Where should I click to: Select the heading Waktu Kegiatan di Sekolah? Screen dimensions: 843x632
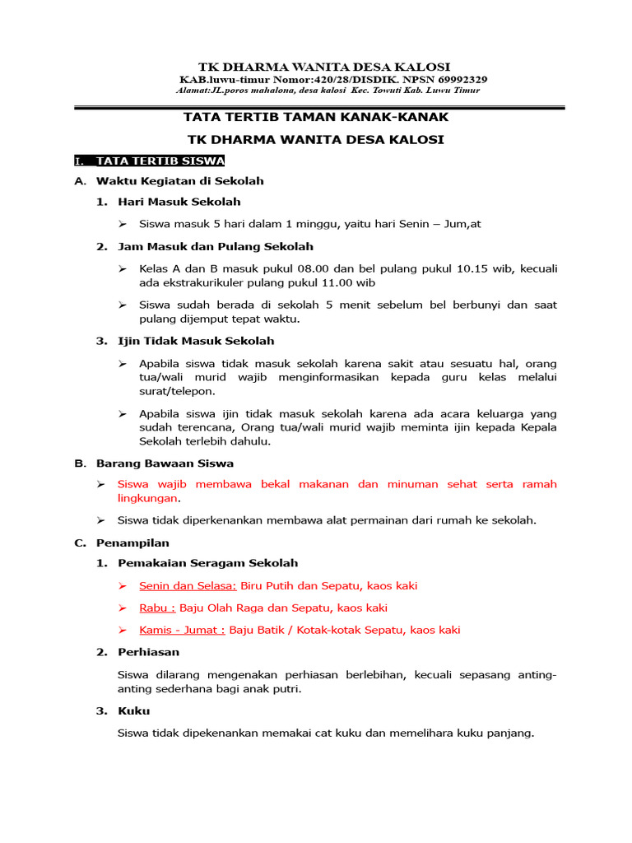click(x=179, y=180)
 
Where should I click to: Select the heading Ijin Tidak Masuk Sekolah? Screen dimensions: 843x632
click(x=196, y=341)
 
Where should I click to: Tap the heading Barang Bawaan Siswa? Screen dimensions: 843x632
click(x=165, y=463)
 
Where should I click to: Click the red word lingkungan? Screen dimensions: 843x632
click(x=147, y=498)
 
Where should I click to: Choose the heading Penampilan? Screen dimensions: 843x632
click(x=132, y=543)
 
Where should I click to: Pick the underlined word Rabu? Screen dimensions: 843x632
click(x=157, y=608)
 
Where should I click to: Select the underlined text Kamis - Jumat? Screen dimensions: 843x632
click(x=182, y=631)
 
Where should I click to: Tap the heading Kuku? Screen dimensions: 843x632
click(x=134, y=711)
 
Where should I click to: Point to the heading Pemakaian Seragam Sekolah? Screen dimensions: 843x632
click(x=207, y=563)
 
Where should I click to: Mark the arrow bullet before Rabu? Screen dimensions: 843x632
click(x=122, y=608)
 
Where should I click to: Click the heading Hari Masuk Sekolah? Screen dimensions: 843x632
click(x=179, y=202)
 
